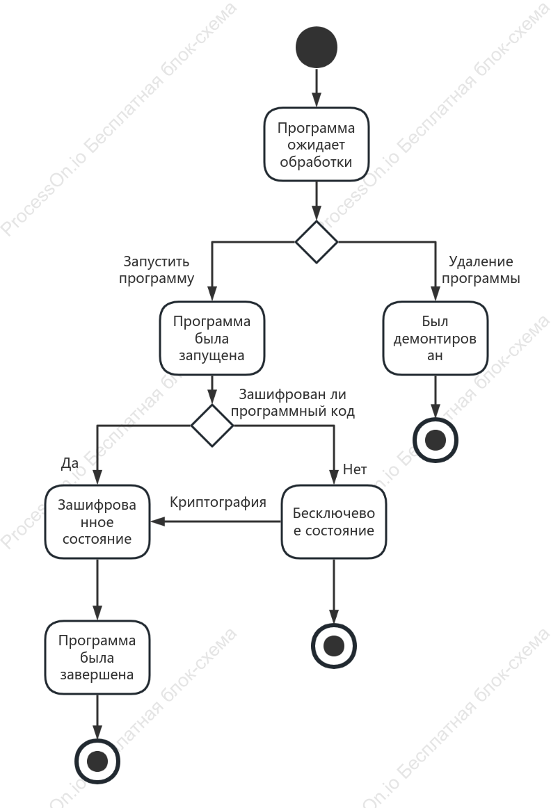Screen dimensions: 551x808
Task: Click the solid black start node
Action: click(317, 47)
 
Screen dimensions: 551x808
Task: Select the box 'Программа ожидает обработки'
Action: click(317, 145)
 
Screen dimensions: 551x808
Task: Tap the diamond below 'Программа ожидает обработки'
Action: click(317, 242)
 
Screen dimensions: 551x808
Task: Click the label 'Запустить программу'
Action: click(157, 270)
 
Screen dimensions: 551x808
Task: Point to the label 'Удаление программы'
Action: click(481, 270)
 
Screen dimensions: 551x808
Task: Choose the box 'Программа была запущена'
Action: click(212, 338)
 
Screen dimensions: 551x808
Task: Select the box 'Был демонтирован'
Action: click(436, 338)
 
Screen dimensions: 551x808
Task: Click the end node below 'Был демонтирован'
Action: click(436, 441)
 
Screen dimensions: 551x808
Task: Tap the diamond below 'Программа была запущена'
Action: click(212, 426)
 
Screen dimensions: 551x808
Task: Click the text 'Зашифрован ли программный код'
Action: click(293, 403)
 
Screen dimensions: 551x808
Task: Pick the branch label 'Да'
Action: click(70, 463)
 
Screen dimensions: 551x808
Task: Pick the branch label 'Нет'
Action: click(355, 469)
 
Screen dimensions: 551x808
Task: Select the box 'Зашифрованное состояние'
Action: click(97, 522)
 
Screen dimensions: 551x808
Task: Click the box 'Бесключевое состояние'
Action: click(334, 522)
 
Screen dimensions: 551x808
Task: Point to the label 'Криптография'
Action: click(218, 503)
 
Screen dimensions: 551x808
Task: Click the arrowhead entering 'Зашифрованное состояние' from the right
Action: click(157, 522)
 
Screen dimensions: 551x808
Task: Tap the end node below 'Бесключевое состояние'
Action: click(334, 646)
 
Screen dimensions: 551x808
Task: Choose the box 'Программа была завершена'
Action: click(97, 658)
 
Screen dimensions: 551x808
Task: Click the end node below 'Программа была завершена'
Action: click(97, 761)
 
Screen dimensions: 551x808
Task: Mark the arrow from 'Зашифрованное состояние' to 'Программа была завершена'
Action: click(97, 590)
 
